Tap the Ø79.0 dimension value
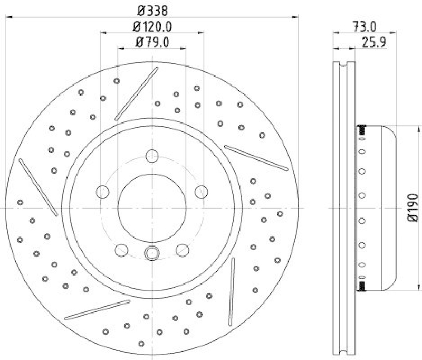152,42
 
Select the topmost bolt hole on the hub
152,156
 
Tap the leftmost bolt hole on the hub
103,192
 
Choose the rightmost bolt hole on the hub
201,192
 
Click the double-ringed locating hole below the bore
152,253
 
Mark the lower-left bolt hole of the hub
121,249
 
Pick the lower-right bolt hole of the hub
183,249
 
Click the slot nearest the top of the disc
136,93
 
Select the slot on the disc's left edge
38,187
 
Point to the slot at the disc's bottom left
97,310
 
